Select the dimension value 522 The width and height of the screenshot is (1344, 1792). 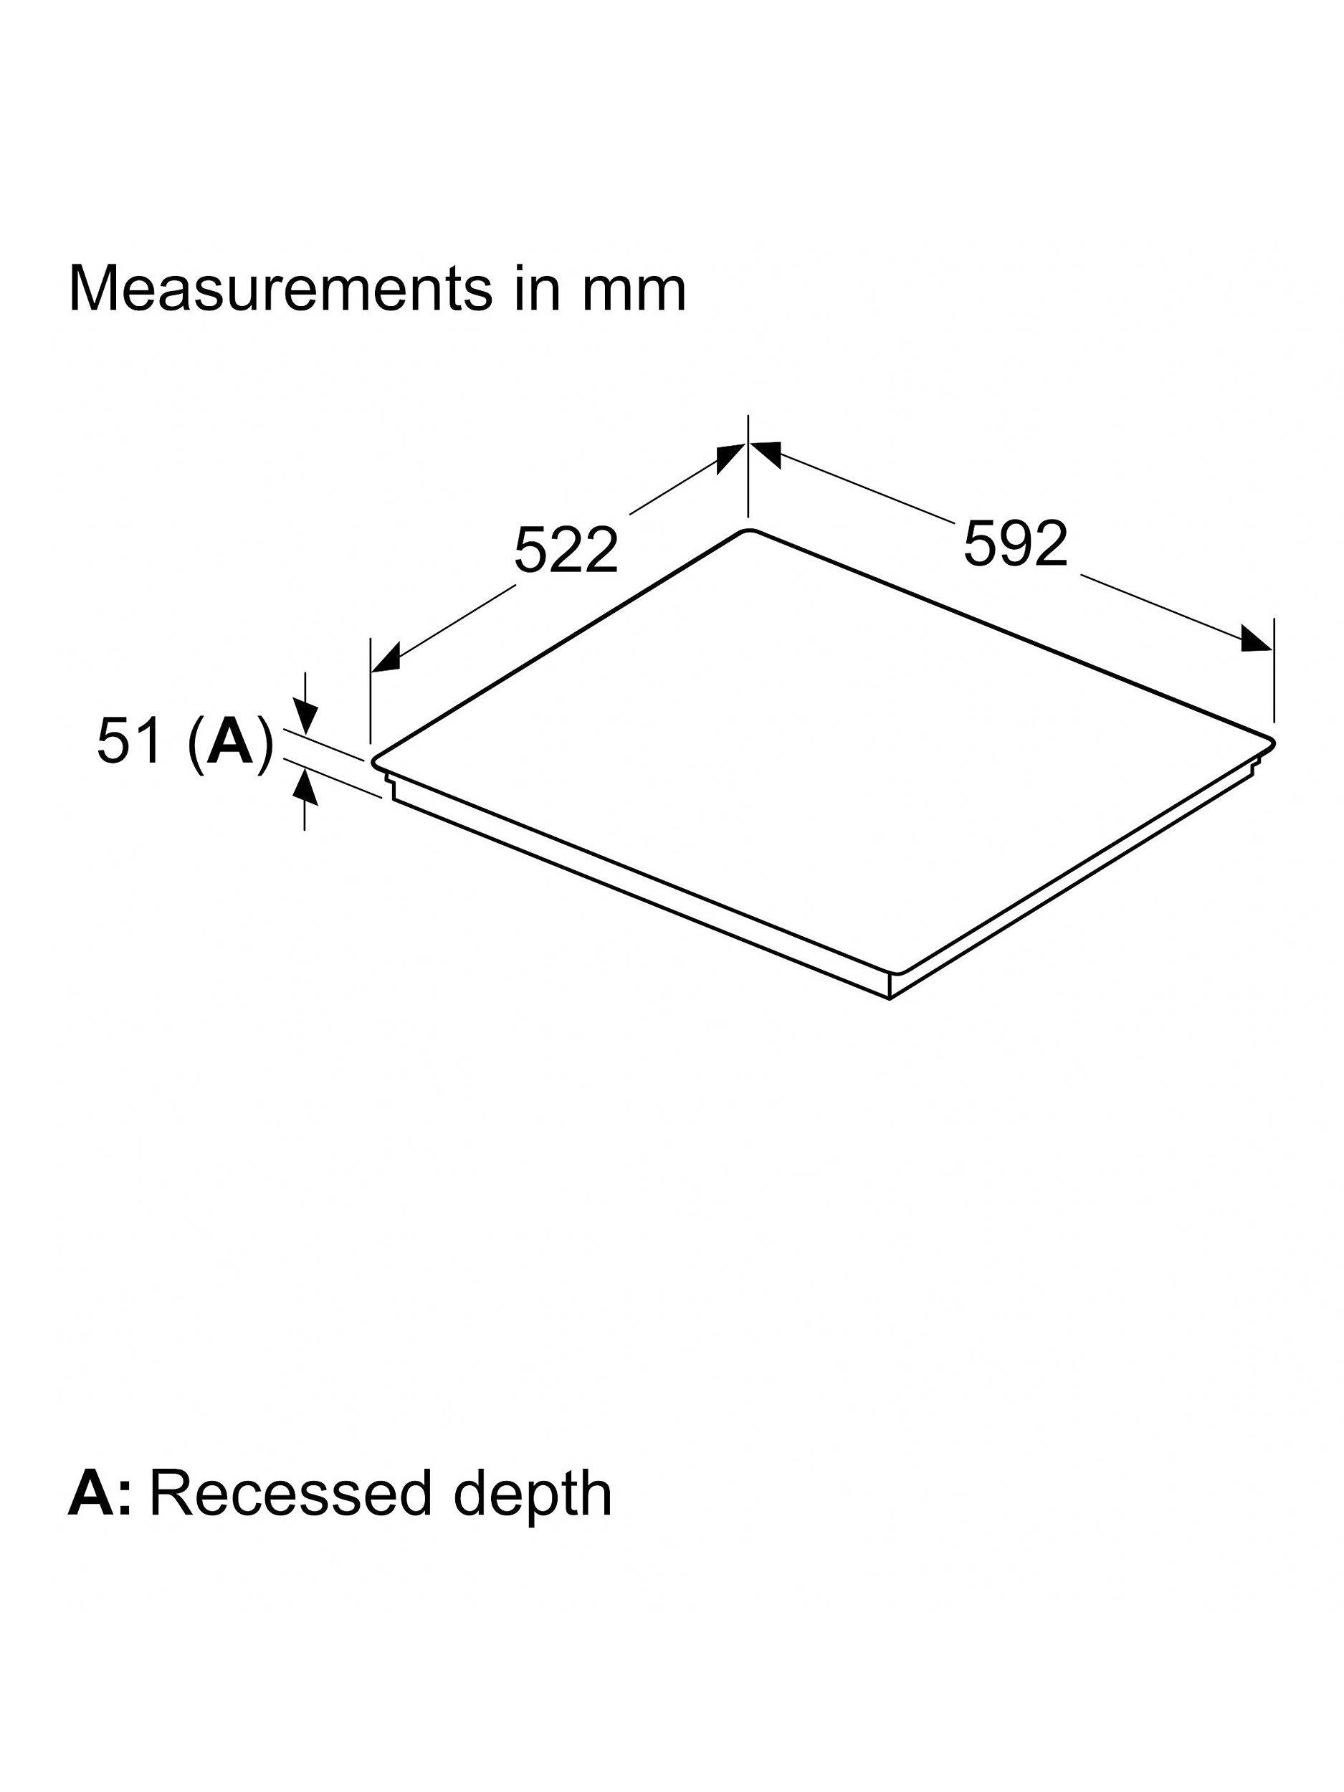(x=566, y=550)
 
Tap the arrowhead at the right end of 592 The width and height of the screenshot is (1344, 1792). (x=1256, y=639)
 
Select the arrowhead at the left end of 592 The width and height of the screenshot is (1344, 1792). (x=765, y=454)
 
